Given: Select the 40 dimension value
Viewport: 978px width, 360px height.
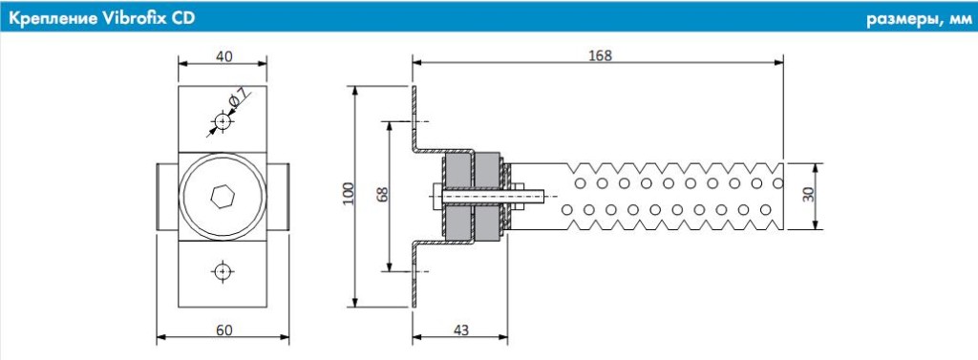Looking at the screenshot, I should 223,56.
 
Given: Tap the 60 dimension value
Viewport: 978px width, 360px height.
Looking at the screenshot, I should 223,329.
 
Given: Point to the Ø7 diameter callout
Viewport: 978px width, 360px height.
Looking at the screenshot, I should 237,99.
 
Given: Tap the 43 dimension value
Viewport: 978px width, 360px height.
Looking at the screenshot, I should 459,329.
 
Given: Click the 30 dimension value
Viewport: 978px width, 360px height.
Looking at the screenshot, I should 808,195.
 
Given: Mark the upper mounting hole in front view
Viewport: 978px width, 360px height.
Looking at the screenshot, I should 223,122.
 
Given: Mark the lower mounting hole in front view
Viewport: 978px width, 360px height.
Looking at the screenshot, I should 223,271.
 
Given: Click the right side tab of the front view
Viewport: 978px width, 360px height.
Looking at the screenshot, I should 279,195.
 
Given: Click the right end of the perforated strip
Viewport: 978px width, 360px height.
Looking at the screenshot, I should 777,195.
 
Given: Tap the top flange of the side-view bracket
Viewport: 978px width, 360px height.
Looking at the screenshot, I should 415,105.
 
